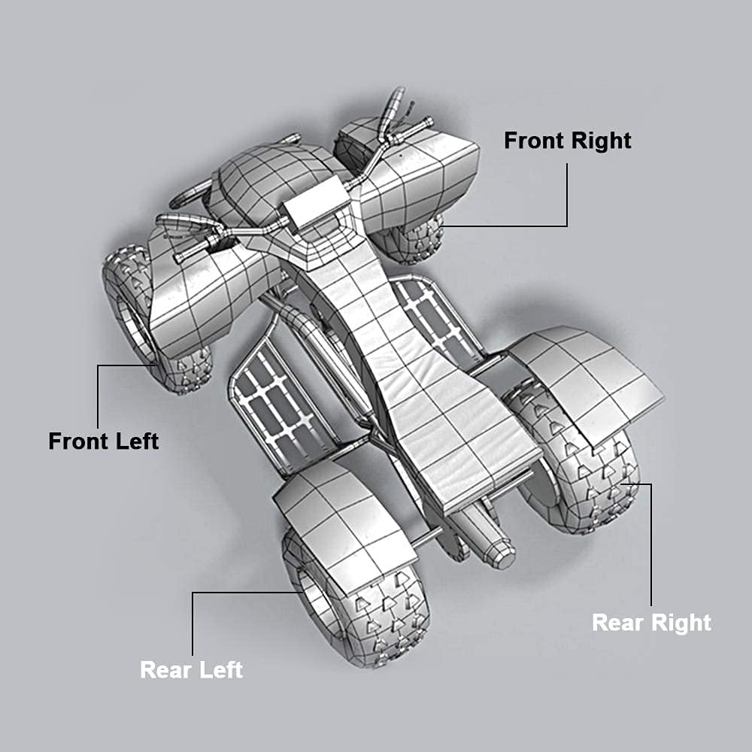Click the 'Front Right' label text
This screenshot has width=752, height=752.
pyautogui.click(x=567, y=141)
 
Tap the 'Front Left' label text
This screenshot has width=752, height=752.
pyautogui.click(x=104, y=441)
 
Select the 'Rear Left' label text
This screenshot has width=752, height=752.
pyautogui.click(x=191, y=669)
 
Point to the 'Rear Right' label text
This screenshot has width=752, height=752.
pyautogui.click(x=651, y=623)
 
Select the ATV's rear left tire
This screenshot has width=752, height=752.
pyautogui.click(x=355, y=599)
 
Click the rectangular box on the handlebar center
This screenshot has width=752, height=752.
pyautogui.click(x=315, y=202)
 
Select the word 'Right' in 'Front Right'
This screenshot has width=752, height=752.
pyautogui.click(x=602, y=141)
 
